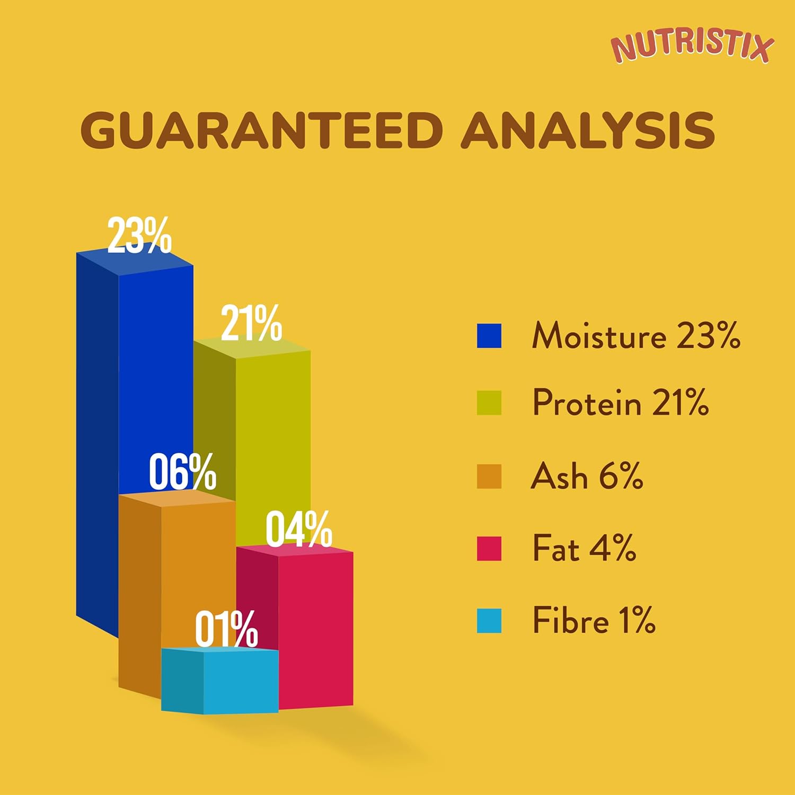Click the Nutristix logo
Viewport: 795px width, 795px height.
tap(692, 47)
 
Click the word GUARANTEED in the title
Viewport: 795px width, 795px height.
tap(261, 130)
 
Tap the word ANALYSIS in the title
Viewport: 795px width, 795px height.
tap(588, 130)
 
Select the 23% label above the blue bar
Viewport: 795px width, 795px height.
tap(139, 235)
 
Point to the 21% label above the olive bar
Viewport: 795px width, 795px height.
tap(251, 323)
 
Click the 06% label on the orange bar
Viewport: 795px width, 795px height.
tap(182, 472)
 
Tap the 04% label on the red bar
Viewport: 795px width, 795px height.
tap(299, 529)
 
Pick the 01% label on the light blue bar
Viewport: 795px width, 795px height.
tap(226, 629)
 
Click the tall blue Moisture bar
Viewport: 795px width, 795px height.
tap(154, 371)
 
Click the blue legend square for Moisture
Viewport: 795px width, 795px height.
tap(489, 336)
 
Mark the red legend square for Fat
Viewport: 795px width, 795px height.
tap(489, 549)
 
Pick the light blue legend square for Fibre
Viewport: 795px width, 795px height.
tap(489, 621)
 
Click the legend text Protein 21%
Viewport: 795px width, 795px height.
tap(620, 403)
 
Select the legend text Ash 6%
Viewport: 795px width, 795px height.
tap(587, 475)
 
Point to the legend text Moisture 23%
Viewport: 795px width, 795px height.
tap(635, 336)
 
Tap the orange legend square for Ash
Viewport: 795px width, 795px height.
tap(489, 476)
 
